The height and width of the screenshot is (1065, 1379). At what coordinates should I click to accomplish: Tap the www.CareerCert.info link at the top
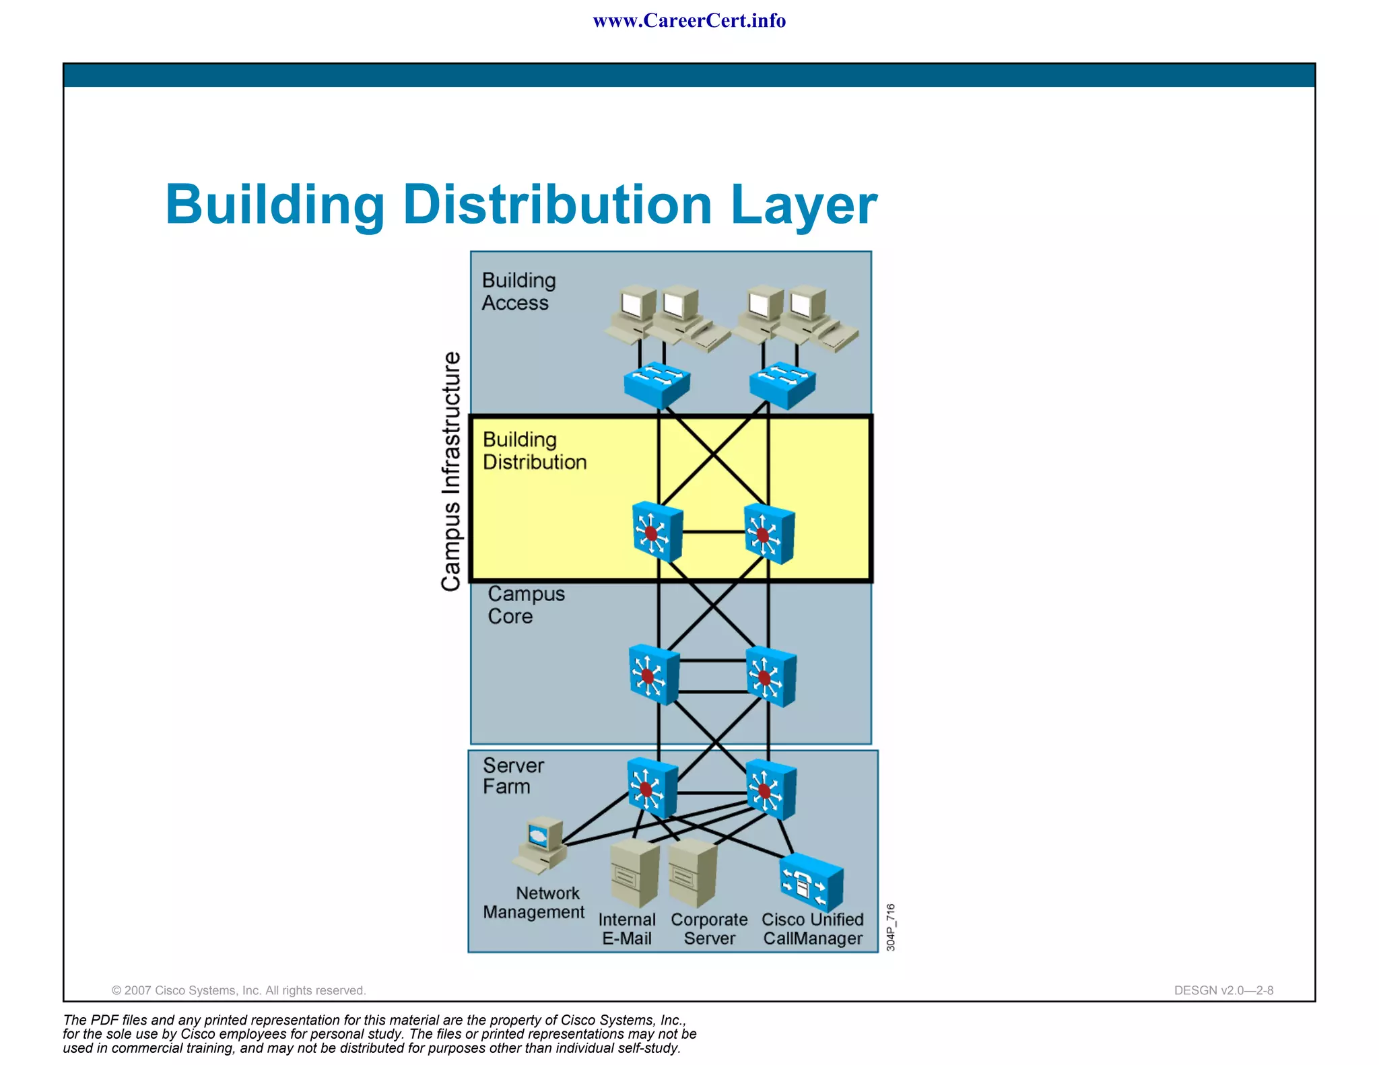[x=689, y=21]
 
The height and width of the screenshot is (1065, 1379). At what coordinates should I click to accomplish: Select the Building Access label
[x=518, y=291]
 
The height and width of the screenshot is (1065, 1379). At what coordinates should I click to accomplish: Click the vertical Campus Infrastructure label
[x=451, y=471]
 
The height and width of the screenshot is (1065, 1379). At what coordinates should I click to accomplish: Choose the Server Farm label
[x=512, y=776]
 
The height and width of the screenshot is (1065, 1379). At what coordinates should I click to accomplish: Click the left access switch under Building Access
[x=657, y=384]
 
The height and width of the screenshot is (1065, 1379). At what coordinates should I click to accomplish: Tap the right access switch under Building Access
[x=782, y=384]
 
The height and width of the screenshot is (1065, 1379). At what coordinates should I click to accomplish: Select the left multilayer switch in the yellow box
[x=657, y=532]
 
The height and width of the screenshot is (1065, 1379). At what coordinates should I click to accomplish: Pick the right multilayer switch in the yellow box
[x=769, y=534]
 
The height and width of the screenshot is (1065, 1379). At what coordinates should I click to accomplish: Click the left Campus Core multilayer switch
[x=653, y=675]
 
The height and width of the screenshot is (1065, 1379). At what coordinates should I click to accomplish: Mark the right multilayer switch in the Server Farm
[x=770, y=789]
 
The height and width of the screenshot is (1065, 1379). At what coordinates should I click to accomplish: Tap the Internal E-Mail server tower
[x=634, y=872]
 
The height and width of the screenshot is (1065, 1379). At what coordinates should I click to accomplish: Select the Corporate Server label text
[x=709, y=928]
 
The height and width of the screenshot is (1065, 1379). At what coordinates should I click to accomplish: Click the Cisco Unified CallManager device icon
[x=811, y=883]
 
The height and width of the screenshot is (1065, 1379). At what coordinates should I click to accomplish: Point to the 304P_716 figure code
[x=890, y=927]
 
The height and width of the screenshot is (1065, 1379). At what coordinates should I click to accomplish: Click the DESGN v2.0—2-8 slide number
[x=1223, y=990]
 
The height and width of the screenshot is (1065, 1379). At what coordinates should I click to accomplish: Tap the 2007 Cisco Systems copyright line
[x=238, y=990]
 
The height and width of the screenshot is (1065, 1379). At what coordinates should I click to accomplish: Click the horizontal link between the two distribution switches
[x=713, y=532]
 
